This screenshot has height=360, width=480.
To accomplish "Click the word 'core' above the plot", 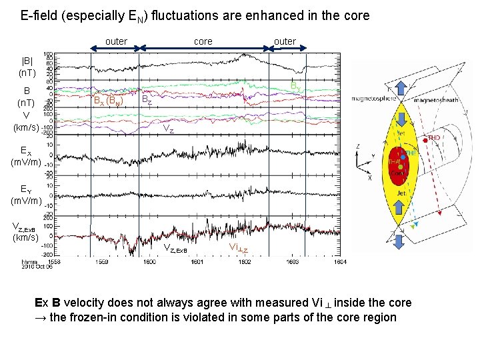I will click(x=203, y=41).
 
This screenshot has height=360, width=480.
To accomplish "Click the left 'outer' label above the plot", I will click(x=116, y=41).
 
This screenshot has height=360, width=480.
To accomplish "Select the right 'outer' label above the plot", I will click(x=285, y=41).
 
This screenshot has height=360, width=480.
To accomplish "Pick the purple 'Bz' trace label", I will click(x=147, y=100).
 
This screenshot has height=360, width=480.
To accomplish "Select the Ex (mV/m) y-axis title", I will click(x=27, y=157).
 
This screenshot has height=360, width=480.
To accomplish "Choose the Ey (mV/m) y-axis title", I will click(x=27, y=194).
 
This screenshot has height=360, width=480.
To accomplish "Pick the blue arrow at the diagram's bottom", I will click(x=398, y=241).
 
